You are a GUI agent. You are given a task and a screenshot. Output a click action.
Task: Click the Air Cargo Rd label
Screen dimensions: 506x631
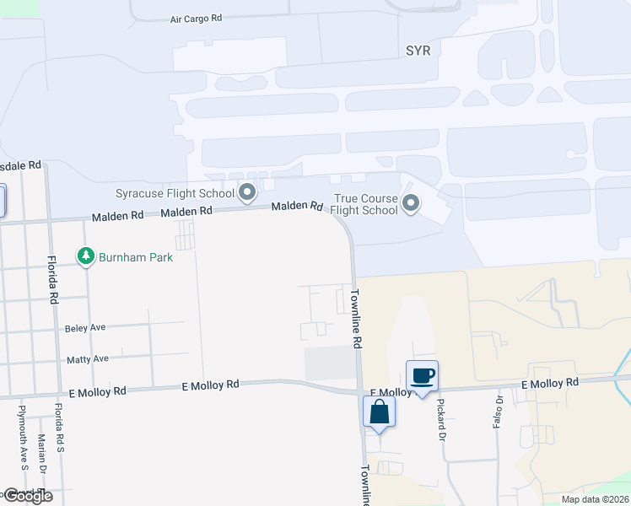coord(195,18)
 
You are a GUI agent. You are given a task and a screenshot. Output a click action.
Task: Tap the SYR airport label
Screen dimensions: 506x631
coord(418,51)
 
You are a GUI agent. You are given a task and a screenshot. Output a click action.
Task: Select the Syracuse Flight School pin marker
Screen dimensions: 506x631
coord(247,193)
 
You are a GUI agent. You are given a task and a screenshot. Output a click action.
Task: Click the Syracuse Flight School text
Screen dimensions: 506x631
coord(175,193)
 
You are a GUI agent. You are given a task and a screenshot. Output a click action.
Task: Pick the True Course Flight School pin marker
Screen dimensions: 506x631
coord(411,202)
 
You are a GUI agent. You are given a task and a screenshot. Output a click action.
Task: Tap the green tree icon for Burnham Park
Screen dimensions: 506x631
coord(85,256)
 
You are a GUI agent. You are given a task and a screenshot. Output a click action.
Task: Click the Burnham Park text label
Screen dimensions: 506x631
coord(136,256)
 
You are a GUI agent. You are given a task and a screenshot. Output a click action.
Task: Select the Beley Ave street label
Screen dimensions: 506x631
coord(85,327)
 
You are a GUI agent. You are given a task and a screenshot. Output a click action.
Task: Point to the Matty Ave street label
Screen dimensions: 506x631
coord(88,358)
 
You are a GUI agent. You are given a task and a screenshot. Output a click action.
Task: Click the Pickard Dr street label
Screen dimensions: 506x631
coord(440,418)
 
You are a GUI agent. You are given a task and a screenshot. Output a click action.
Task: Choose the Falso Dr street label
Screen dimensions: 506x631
coord(499,411)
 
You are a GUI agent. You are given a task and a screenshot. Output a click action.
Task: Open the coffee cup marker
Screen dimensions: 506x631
coord(422,375)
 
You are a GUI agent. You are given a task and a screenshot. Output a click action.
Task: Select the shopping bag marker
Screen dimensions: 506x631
coord(379,412)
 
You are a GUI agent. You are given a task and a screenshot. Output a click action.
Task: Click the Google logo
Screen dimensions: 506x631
coord(27,496)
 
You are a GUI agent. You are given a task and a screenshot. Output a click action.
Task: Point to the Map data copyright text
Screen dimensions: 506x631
coord(594,499)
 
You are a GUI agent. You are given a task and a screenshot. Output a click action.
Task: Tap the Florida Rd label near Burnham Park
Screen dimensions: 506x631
coord(52,279)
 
